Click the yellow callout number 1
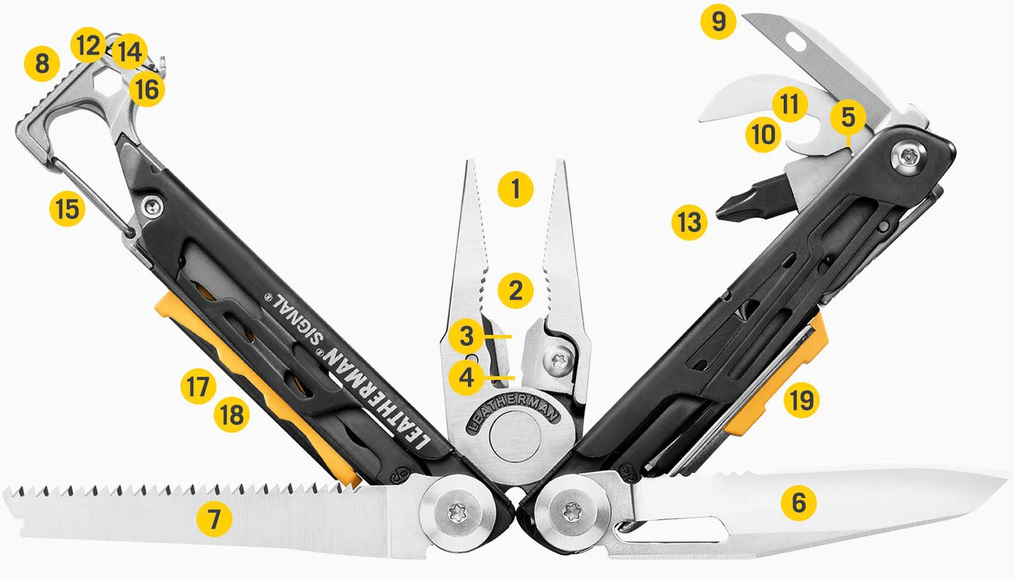click(516, 190)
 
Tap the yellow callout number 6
click(799, 502)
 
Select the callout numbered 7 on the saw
click(214, 519)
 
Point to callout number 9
click(718, 22)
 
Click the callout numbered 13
click(688, 222)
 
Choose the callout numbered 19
click(802, 399)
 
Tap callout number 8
click(41, 65)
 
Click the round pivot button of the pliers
click(515, 442)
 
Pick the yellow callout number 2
click(516, 291)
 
